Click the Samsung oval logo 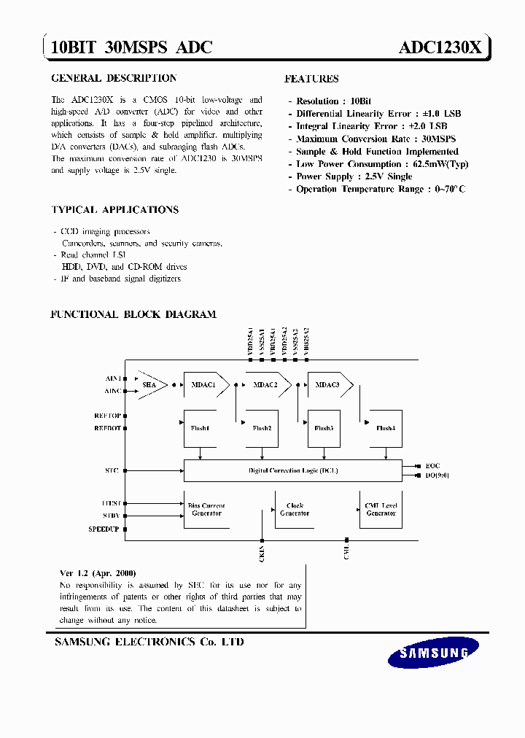tap(433, 652)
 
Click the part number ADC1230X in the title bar tap(440, 48)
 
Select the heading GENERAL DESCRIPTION tap(114, 78)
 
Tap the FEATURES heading tap(311, 79)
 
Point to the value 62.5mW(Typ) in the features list tap(440, 164)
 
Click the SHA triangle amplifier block tap(151, 384)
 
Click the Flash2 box tap(262, 428)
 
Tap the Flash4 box tap(384, 428)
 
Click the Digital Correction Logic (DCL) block tap(292, 470)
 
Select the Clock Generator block tap(295, 509)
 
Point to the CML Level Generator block tap(381, 509)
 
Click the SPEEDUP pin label tap(104, 528)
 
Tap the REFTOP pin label tap(107, 416)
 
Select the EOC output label tap(433, 465)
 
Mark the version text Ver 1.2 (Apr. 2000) tap(98, 573)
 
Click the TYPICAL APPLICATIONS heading tap(115, 210)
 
